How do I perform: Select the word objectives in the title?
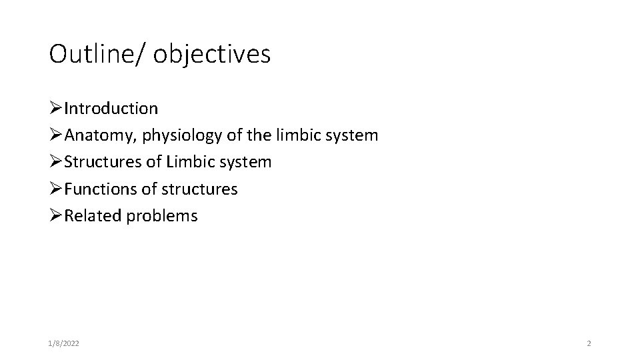pos(212,55)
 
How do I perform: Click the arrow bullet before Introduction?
pos(56,108)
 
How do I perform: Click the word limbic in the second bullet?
pos(298,135)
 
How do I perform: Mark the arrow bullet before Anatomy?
pos(56,135)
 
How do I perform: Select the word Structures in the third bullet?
pos(98,162)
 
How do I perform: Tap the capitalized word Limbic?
pos(193,162)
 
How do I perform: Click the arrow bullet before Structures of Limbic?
pos(56,162)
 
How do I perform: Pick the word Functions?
pos(99,189)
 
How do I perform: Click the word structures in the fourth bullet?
pos(197,189)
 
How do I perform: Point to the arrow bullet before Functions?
pos(56,189)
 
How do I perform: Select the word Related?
pos(90,216)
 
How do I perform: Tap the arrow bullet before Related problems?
pos(56,216)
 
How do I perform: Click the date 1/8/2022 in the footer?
pos(65,343)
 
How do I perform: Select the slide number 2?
pos(589,343)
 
